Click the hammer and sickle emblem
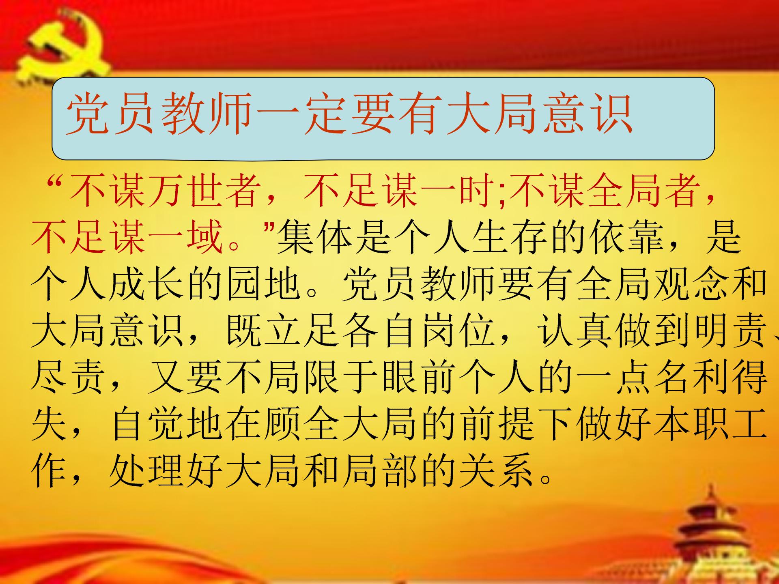pyautogui.click(x=61, y=47)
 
